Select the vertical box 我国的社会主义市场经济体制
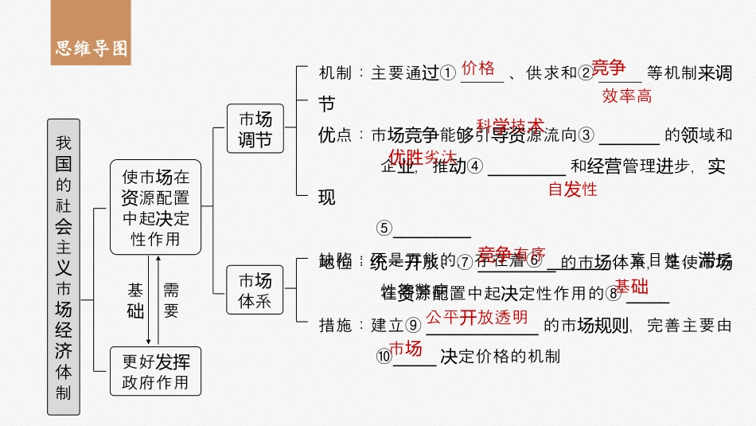point(64,267)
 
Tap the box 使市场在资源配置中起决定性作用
point(156,207)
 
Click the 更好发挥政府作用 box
point(156,372)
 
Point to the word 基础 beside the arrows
point(136,300)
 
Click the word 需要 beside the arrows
point(171,300)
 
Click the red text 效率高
point(626,96)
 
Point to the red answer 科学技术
point(510,125)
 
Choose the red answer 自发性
point(572,190)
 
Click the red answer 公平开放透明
point(477,317)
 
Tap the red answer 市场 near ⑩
point(405,347)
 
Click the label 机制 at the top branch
point(334,73)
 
